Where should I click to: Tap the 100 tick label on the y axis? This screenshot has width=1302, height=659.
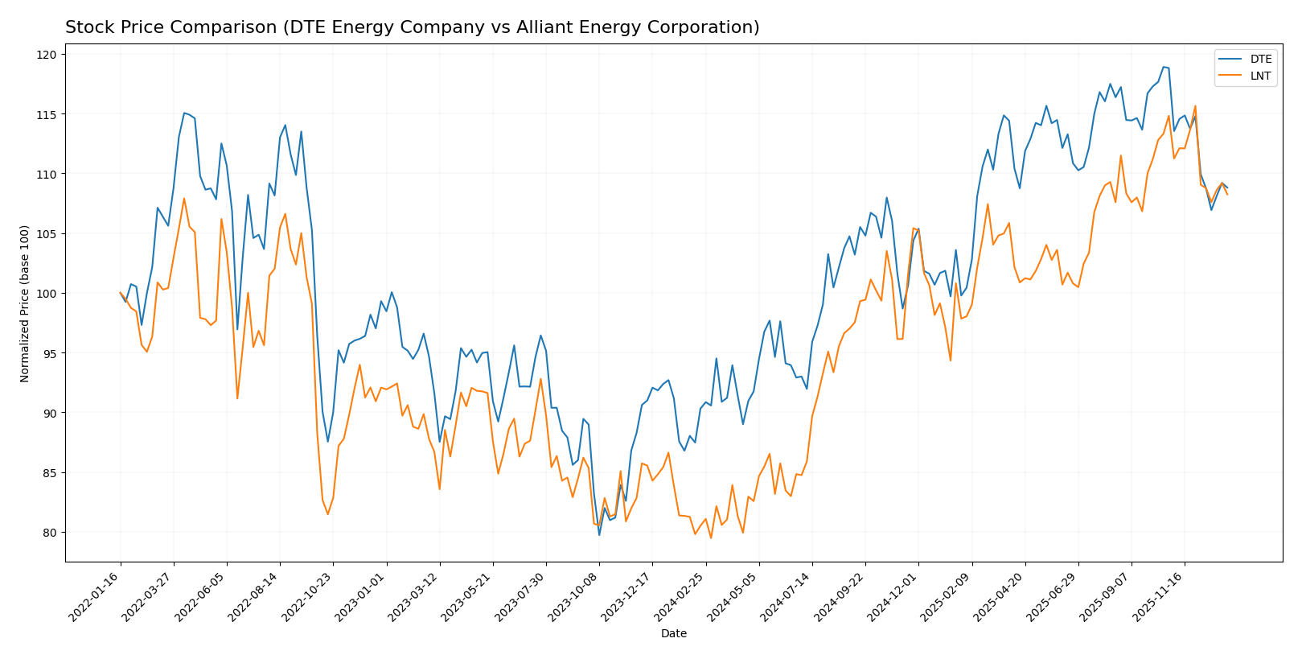click(x=47, y=294)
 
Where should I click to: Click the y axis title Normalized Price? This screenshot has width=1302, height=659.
click(x=25, y=303)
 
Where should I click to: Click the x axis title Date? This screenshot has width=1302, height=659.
click(x=673, y=634)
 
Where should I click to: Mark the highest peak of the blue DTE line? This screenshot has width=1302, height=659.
click(x=1163, y=67)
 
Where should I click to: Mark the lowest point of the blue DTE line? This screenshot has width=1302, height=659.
click(x=599, y=535)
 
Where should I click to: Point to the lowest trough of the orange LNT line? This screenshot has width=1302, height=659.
click(x=711, y=537)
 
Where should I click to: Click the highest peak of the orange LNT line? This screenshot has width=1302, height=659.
click(x=1195, y=105)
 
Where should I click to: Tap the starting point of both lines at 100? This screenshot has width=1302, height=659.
click(x=121, y=293)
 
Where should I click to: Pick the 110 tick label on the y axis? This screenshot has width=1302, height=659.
click(x=47, y=174)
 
